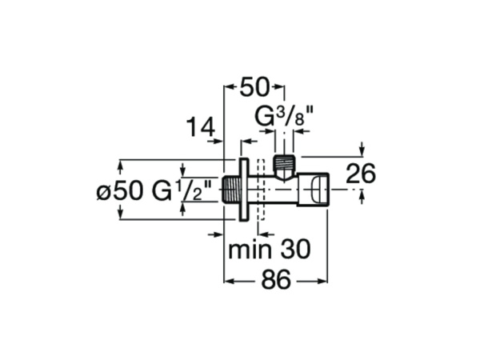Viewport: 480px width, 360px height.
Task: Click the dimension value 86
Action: tap(276, 282)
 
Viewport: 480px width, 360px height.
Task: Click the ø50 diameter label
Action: tap(119, 191)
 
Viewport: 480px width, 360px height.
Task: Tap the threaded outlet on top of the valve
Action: tap(284, 166)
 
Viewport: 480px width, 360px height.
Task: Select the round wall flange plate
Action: tap(242, 190)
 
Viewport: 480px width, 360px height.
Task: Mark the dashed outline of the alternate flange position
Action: tap(261, 190)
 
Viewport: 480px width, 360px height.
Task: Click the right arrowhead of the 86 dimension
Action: tap(324, 282)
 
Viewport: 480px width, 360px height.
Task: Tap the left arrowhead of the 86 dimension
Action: tap(228, 282)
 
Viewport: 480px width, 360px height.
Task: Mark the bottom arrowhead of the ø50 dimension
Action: tap(121, 214)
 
